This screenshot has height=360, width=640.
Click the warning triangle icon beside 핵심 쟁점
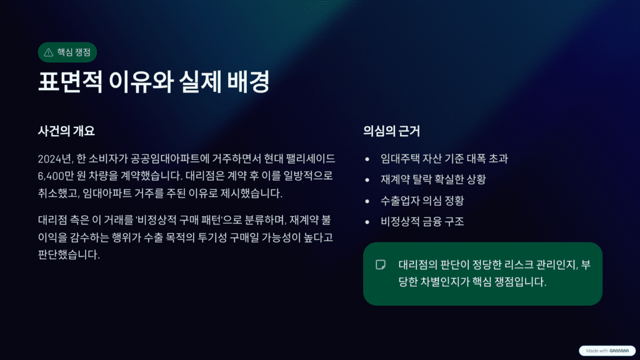[x=49, y=52]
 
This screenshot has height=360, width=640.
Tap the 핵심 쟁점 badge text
[x=73, y=52]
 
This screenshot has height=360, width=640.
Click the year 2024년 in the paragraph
[x=56, y=158]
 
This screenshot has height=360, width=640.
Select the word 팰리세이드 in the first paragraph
[x=309, y=158]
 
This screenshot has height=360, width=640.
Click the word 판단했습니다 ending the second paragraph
[x=69, y=255]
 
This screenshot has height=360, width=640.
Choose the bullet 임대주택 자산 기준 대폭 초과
[x=444, y=159]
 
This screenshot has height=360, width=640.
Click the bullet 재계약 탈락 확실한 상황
[x=433, y=179]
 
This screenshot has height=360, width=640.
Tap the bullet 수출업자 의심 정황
[x=422, y=201]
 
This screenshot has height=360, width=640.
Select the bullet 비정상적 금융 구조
[x=422, y=221]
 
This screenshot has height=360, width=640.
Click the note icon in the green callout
[x=380, y=264]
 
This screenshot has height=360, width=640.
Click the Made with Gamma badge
[x=607, y=351]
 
